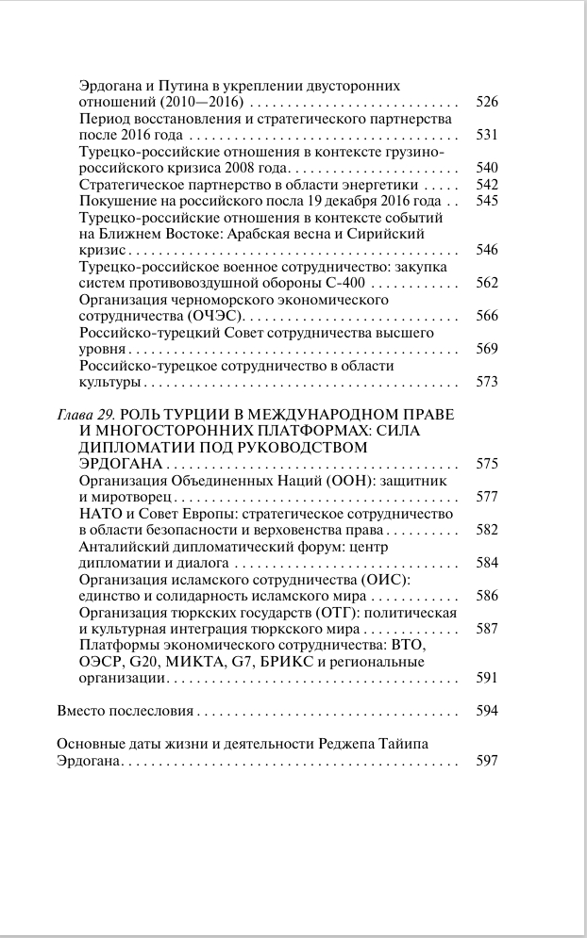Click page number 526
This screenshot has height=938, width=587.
487,102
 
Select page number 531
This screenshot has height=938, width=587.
487,135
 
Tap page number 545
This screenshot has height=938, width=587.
487,201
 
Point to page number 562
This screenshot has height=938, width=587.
487,283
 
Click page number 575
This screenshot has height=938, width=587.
487,464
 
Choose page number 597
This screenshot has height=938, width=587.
487,761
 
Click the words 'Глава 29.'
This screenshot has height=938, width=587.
86,415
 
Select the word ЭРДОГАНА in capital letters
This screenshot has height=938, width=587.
114,464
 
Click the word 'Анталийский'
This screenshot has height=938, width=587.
121,547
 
